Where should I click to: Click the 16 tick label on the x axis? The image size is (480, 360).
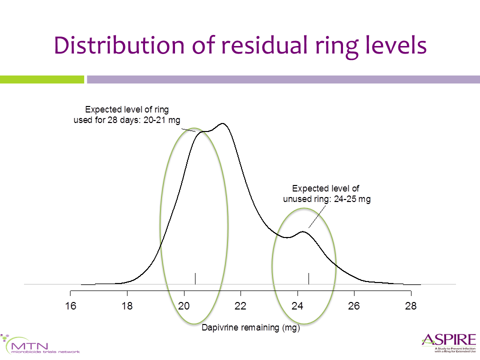tap(70, 306)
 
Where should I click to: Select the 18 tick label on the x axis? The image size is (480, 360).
tap(127, 306)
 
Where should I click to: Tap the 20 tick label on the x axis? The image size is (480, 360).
tap(184, 306)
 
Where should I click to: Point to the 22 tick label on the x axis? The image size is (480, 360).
tap(240, 306)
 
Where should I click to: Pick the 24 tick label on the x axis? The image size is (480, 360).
tap(297, 306)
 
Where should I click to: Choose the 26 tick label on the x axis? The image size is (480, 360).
tap(354, 306)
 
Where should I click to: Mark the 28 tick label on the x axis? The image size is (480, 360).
tap(410, 306)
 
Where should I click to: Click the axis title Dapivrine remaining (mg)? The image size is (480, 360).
tap(250, 328)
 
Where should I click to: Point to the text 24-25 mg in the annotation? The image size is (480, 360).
tap(347, 198)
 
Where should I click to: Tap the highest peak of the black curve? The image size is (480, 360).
tap(222, 124)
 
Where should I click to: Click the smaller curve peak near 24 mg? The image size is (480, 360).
tap(302, 231)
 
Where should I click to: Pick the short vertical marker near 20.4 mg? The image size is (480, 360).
tap(195, 278)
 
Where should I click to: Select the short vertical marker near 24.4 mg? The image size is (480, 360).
tap(308, 278)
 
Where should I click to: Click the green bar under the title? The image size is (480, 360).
tap(42, 79)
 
